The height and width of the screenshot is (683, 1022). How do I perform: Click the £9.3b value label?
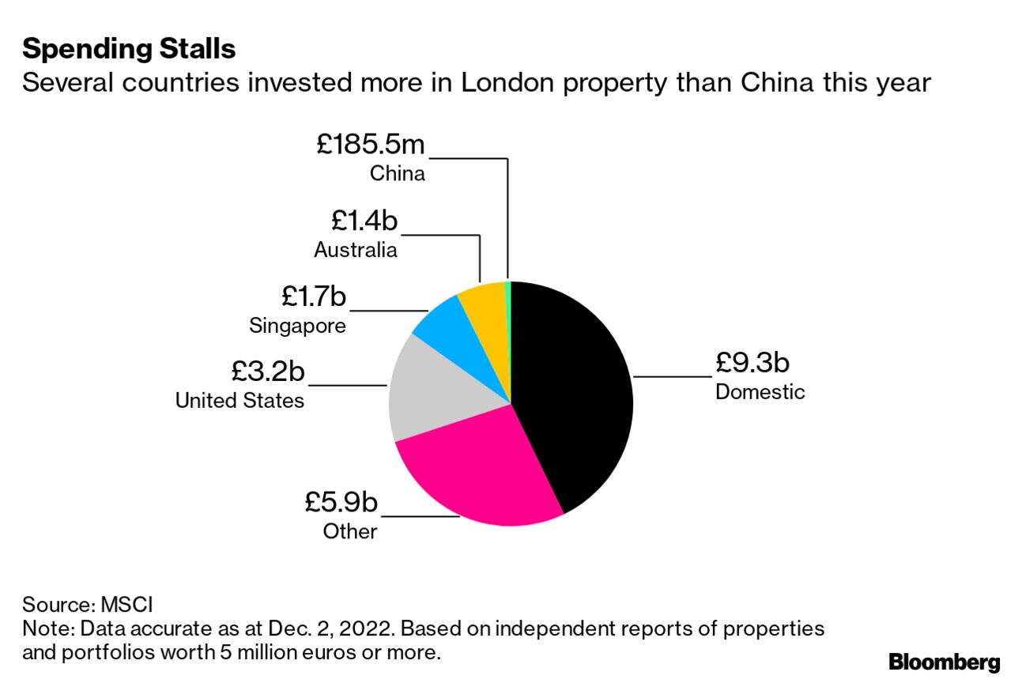tap(752, 363)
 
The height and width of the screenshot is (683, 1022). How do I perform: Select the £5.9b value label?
tap(341, 502)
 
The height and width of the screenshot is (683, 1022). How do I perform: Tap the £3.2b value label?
tap(268, 370)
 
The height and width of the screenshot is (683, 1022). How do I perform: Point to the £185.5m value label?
tap(371, 144)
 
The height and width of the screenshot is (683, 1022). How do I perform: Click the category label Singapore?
tap(297, 325)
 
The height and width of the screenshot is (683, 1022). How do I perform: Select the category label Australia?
tap(355, 250)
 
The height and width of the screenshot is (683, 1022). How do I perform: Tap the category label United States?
tap(239, 400)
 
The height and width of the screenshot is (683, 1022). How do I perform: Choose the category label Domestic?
tap(760, 391)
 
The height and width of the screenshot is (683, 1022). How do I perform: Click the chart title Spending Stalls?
tap(129, 49)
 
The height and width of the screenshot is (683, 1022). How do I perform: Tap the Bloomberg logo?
tap(945, 662)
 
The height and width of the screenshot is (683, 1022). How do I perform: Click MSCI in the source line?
tap(126, 606)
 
